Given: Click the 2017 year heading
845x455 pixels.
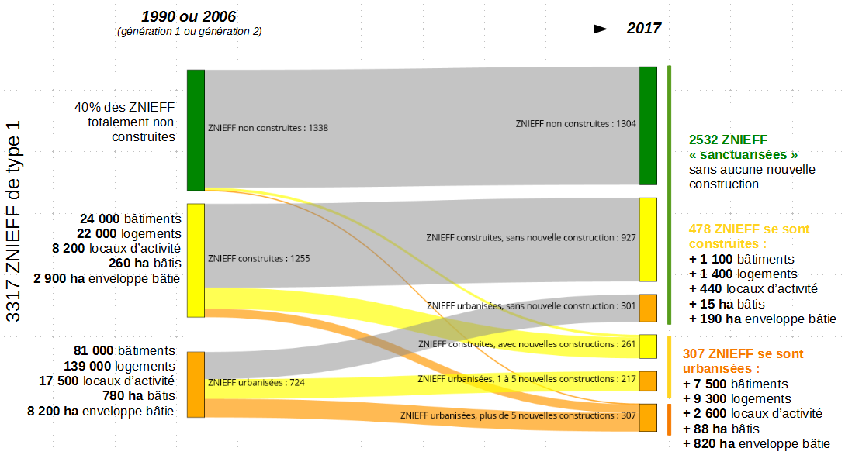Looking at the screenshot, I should [x=644, y=29].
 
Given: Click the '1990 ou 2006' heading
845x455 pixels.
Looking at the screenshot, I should [x=189, y=16].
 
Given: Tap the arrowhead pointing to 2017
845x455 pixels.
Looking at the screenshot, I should [x=599, y=29].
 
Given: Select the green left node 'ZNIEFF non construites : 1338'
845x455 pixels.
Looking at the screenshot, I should [x=196, y=129].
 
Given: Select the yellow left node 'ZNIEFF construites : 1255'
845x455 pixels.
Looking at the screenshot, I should [x=196, y=260].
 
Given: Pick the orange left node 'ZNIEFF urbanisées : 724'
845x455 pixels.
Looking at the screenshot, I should [x=196, y=384].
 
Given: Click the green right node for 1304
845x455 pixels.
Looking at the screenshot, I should [x=648, y=126].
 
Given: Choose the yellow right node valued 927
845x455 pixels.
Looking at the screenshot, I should [x=648, y=240].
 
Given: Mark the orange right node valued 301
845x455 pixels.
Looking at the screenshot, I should [x=648, y=308].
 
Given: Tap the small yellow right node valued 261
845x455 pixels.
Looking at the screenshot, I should [x=648, y=346].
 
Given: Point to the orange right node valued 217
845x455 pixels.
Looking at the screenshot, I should [x=648, y=381].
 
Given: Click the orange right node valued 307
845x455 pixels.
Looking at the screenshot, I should [x=648, y=417].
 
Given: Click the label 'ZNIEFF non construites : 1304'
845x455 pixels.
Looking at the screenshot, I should [x=576, y=124].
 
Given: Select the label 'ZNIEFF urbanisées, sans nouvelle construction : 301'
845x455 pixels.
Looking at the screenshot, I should [x=532, y=306].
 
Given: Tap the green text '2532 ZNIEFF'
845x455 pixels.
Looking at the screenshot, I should [x=728, y=140].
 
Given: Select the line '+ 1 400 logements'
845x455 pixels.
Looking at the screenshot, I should [x=743, y=274].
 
